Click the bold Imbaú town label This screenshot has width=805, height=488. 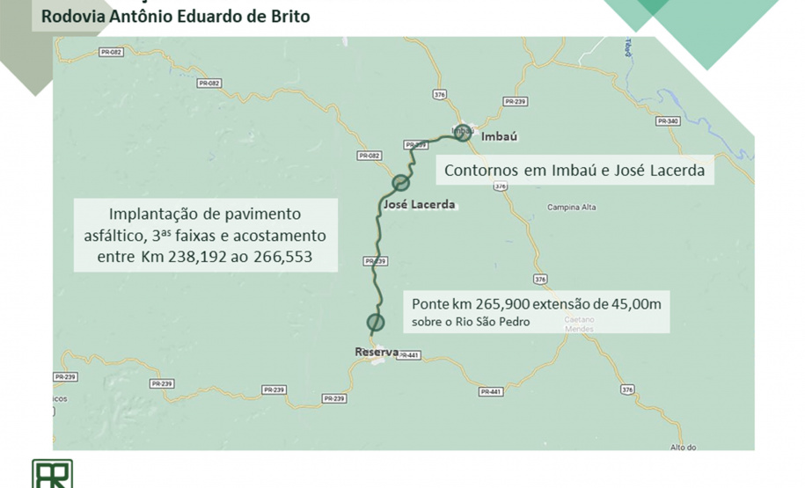[x=498, y=137]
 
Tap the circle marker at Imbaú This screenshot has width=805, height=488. [x=464, y=134]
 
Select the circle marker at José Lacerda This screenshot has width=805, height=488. [x=401, y=182]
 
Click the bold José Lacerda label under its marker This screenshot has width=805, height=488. [x=420, y=205]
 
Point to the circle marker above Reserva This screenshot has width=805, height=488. [x=376, y=322]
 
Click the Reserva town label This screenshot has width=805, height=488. [x=376, y=353]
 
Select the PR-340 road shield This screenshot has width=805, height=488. [x=668, y=120]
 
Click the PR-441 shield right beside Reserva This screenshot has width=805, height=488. [x=408, y=355]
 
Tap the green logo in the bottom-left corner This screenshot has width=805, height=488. [x=52, y=474]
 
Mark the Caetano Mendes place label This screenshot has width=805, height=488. [x=579, y=324]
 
